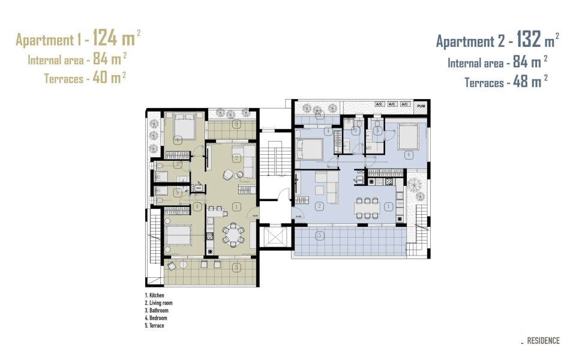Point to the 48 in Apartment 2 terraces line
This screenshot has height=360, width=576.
521,82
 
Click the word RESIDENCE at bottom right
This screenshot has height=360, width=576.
543,341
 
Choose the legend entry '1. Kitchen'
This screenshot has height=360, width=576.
155,296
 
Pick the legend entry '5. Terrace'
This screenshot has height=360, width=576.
155,325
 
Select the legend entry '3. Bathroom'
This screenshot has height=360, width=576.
157,311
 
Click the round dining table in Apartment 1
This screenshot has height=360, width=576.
233,233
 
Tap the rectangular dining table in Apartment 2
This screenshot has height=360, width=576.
367,207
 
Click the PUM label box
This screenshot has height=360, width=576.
421,104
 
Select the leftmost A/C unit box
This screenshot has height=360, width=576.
379,104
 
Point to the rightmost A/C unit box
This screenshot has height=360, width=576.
406,104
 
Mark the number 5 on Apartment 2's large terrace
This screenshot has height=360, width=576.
320,235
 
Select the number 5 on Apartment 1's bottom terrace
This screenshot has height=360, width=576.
238,267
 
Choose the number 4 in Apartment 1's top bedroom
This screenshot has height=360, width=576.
178,140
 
